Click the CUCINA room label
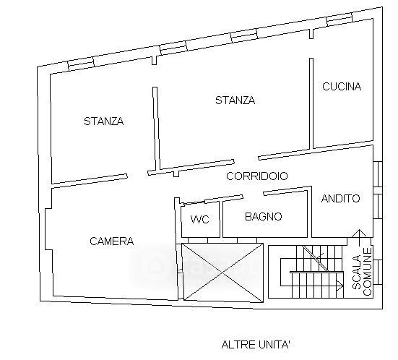(x=342, y=87)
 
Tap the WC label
(x=200, y=219)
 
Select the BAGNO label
(x=264, y=216)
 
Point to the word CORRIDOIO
(x=257, y=176)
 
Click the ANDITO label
(x=341, y=198)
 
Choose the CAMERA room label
(x=112, y=241)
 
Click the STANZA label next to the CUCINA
(x=235, y=100)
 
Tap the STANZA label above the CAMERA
(x=104, y=121)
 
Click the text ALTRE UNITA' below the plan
(x=256, y=345)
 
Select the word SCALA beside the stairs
(x=357, y=273)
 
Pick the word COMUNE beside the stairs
(x=367, y=272)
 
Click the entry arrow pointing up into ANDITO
(x=360, y=238)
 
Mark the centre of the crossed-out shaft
(x=222, y=273)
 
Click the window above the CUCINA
(x=339, y=20)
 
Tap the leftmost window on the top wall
(x=81, y=64)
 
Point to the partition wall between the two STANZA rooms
(x=156, y=129)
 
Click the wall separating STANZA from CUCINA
(x=311, y=103)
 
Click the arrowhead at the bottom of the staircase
(x=339, y=285)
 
